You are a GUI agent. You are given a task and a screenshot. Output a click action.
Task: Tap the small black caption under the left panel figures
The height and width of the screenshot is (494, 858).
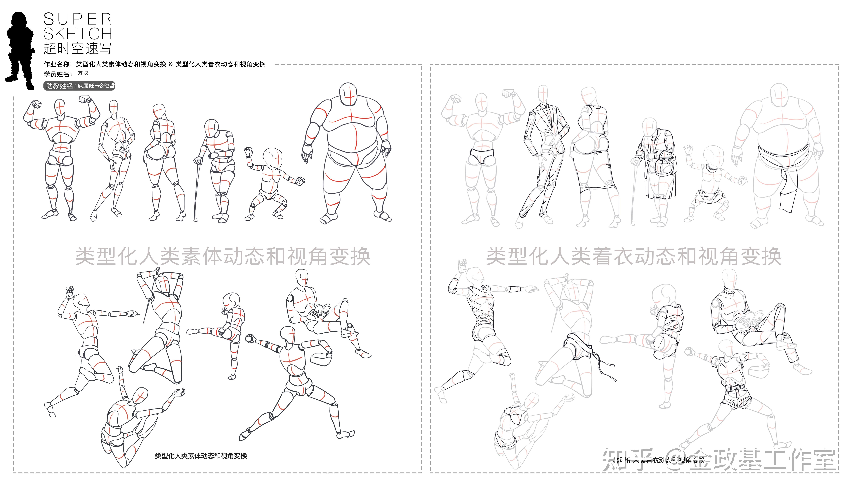(x=201, y=456)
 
